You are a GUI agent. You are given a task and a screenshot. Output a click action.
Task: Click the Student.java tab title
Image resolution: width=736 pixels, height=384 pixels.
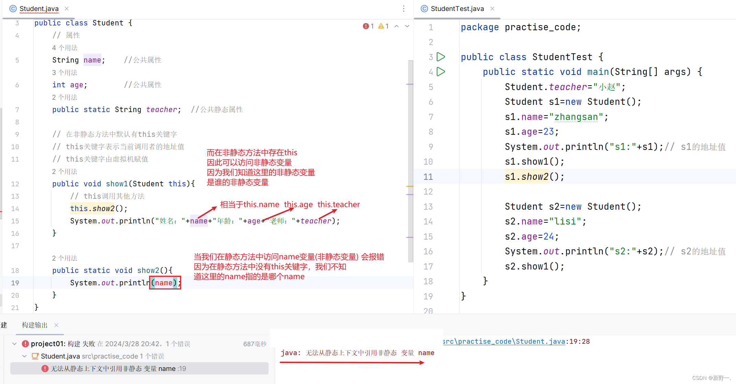click(39, 9)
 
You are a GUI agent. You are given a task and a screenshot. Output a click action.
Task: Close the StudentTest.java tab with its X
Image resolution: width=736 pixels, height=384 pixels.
click(492, 9)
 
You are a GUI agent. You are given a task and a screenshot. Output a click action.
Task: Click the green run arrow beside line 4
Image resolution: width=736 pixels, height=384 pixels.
click(441, 72)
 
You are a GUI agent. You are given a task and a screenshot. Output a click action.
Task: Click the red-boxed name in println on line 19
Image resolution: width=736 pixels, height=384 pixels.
click(164, 283)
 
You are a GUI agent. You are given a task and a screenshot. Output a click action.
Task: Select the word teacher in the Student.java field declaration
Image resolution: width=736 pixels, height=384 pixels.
click(161, 109)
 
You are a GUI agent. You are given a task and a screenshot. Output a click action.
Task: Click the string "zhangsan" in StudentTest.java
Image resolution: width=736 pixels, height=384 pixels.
click(576, 117)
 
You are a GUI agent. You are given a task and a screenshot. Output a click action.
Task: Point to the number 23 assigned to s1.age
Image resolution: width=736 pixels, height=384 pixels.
click(548, 132)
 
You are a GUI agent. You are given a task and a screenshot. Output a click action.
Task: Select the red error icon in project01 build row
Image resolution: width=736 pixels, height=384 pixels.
click(25, 344)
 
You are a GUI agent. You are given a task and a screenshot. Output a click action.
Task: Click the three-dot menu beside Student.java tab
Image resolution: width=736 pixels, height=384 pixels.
click(404, 9)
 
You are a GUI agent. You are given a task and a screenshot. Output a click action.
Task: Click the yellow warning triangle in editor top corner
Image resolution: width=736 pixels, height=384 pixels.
click(381, 26)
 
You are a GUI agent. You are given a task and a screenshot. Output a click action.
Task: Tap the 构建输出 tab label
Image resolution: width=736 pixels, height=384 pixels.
click(35, 325)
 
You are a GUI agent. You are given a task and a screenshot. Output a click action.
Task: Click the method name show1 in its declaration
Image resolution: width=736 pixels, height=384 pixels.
click(117, 184)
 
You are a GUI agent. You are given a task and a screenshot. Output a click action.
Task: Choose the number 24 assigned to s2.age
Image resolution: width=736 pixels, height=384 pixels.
click(548, 237)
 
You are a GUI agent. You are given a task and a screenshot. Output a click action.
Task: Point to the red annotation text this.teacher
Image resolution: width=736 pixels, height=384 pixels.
click(338, 204)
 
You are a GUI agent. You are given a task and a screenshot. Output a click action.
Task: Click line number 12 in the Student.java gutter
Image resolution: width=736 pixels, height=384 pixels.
click(15, 184)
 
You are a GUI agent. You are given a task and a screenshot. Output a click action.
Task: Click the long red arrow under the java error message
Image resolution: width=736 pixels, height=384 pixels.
click(352, 362)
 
